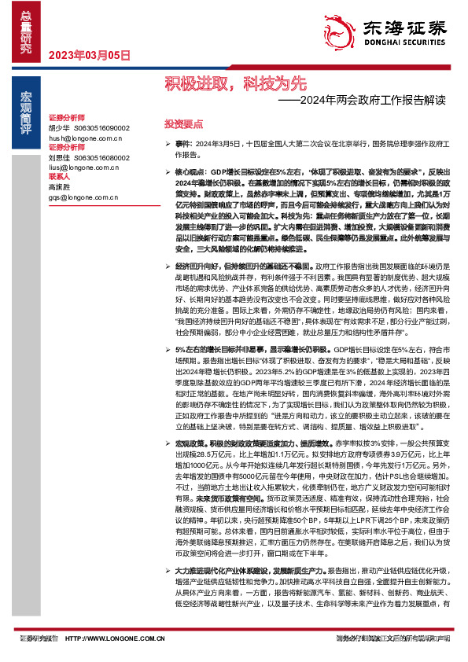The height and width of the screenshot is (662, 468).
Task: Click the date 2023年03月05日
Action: point(89,55)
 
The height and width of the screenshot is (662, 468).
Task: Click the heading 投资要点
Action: point(184,124)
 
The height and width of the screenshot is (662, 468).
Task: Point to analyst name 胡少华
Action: point(59,127)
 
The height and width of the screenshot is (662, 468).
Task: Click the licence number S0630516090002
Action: point(101,127)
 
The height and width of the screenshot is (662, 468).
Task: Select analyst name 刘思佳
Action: point(59,157)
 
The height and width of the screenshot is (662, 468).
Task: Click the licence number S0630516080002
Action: point(101,157)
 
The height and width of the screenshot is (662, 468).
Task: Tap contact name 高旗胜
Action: point(59,187)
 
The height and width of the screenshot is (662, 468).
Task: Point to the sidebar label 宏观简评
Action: point(25,106)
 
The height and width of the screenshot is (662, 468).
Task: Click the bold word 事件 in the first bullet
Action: point(183,145)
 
